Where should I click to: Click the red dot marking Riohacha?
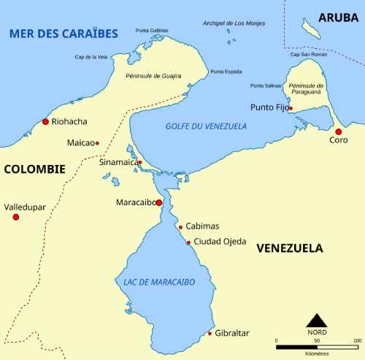[x=46, y=121]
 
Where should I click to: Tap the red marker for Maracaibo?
[x=158, y=202]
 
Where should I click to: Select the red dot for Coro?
[x=339, y=131]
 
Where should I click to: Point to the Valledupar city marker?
[x=16, y=217]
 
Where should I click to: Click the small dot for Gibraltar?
[x=210, y=334]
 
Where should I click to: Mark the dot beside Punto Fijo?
[x=291, y=109]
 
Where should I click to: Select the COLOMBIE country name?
[x=34, y=169]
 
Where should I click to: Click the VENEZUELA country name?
[x=290, y=248]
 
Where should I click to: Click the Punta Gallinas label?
[x=152, y=31]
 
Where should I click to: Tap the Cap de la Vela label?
[x=91, y=56]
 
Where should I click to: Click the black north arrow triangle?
[x=316, y=320]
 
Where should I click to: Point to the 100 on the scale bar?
[x=357, y=340]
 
